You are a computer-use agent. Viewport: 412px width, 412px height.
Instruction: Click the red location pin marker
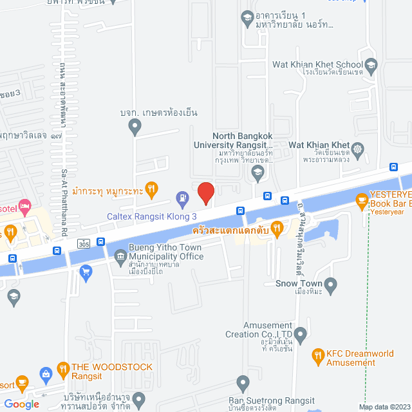tap(205, 192)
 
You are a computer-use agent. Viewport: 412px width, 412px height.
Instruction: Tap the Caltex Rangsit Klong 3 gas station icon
tap(183, 195)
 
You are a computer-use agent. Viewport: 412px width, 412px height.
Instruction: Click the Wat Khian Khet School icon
tap(371, 64)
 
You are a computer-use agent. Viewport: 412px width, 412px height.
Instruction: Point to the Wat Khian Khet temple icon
tap(358, 149)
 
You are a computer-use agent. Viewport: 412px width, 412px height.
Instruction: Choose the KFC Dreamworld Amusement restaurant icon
tap(317, 355)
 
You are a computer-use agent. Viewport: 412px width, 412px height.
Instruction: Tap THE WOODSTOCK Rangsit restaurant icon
tap(63, 369)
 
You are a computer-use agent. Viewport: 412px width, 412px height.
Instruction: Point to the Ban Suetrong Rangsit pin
tap(242, 385)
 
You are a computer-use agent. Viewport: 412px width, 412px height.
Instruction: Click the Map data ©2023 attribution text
tap(383, 407)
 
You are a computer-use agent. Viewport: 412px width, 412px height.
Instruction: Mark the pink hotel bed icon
tap(25, 207)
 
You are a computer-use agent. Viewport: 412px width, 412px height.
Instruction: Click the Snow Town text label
tap(294, 283)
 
